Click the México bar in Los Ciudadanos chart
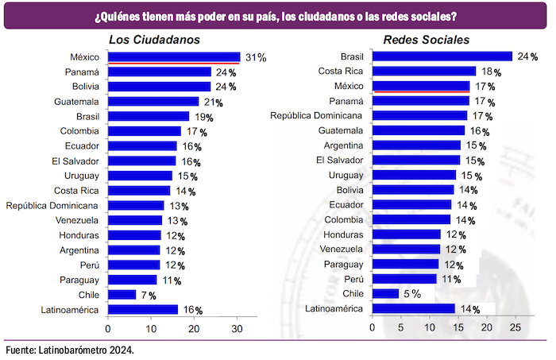click(x=173, y=57)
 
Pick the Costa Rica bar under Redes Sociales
click(x=424, y=72)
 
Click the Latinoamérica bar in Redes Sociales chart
click(x=413, y=308)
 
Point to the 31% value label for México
click(x=255, y=58)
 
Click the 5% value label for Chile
click(x=411, y=294)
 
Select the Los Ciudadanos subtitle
click(x=153, y=40)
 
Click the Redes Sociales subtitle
click(x=426, y=40)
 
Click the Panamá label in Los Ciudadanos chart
click(x=81, y=72)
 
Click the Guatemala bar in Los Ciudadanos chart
click(x=153, y=102)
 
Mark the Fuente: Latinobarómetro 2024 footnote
click(x=69, y=350)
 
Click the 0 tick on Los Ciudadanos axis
click(x=108, y=327)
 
